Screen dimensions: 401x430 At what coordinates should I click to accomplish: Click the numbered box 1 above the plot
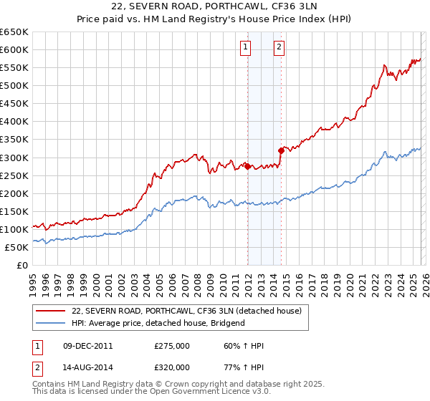(245, 48)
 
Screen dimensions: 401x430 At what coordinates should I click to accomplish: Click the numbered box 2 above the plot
(279, 48)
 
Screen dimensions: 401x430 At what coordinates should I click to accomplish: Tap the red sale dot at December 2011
(247, 166)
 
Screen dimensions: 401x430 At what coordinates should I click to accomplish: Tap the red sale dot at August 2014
(281, 150)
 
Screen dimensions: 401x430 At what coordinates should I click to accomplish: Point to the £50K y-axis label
(16, 247)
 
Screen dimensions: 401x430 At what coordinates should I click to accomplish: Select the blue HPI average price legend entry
(158, 323)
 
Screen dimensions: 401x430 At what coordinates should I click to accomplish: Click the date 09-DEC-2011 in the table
(87, 347)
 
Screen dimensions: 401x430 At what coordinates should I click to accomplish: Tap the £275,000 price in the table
(171, 347)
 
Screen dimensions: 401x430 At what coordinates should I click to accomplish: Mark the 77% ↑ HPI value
(244, 367)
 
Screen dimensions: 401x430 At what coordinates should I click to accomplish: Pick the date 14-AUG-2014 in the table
(87, 367)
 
